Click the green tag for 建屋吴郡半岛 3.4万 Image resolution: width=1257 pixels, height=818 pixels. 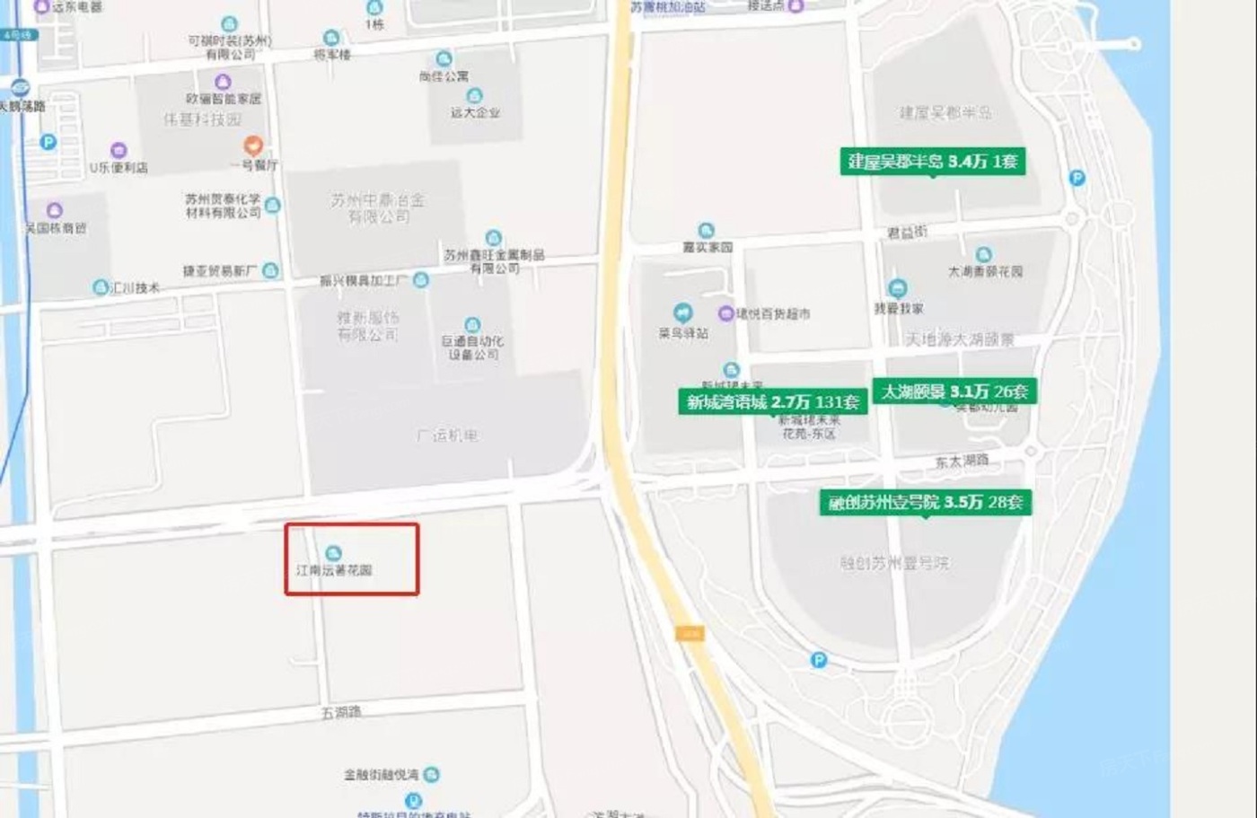[x=933, y=162]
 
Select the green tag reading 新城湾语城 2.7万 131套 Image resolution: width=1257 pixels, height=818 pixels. [x=772, y=402]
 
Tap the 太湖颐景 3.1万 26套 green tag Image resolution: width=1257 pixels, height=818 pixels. [x=954, y=391]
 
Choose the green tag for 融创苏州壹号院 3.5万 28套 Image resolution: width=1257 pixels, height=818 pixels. [x=926, y=502]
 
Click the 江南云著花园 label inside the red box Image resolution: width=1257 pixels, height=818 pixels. [x=334, y=569]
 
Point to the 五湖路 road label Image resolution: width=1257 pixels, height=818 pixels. [x=340, y=712]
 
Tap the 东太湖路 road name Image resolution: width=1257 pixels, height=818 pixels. [x=961, y=462]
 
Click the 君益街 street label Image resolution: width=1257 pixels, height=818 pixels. [x=907, y=233]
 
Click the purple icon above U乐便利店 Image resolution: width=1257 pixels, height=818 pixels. [x=119, y=151]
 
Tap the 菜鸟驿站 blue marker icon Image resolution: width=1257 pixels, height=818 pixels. [x=683, y=313]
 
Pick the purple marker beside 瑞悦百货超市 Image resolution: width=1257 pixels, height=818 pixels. [x=725, y=313]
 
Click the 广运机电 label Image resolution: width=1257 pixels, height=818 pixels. [x=447, y=435]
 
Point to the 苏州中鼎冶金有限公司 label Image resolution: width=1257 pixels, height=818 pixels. [x=378, y=208]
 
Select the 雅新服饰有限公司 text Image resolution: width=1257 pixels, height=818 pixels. [x=367, y=326]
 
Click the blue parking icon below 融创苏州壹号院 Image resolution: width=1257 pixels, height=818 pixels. [x=818, y=661]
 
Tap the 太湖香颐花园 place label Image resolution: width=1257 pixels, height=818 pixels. [x=985, y=270]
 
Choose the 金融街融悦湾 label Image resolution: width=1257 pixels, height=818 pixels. [x=381, y=774]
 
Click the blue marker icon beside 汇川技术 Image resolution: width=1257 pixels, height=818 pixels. [x=101, y=287]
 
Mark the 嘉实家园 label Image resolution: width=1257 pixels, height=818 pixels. [x=707, y=247]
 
